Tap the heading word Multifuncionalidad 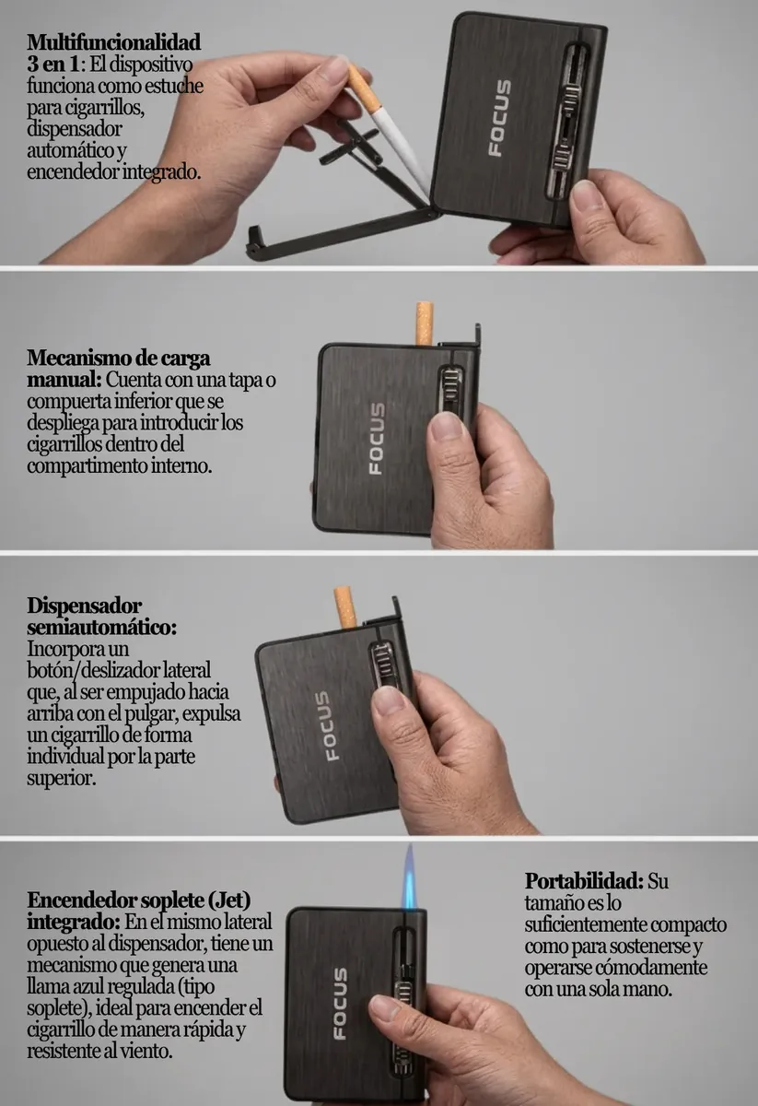[x=114, y=42]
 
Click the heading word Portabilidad [x=584, y=880]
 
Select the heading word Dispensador [x=85, y=606]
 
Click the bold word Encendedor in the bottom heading [x=81, y=900]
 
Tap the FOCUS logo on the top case [x=499, y=119]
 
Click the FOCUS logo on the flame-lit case [x=340, y=1004]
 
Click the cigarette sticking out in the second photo [x=425, y=324]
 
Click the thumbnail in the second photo [x=446, y=426]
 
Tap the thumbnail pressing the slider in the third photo [x=390, y=700]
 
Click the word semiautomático [x=101, y=628]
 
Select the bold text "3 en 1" [x=53, y=64]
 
